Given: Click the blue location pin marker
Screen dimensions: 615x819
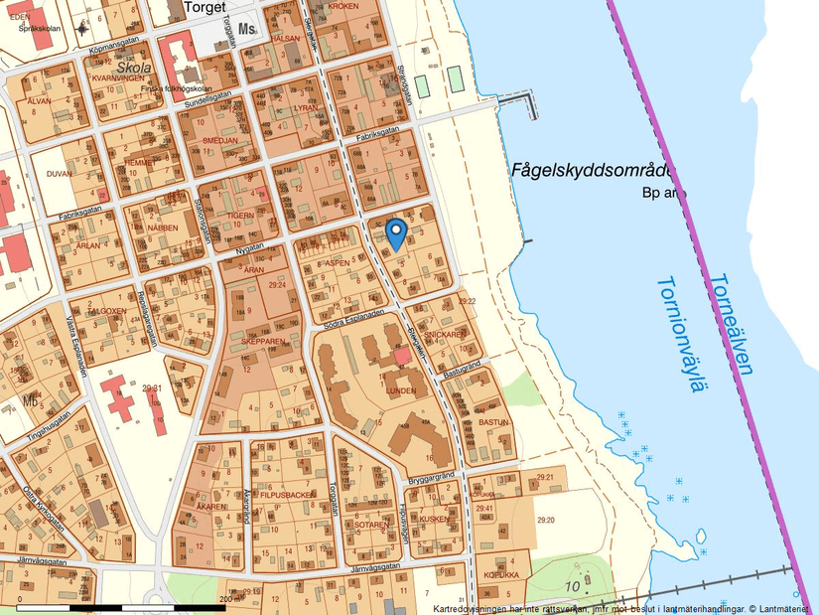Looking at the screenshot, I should [x=395, y=233].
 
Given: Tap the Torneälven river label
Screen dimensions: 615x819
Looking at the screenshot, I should [x=732, y=324].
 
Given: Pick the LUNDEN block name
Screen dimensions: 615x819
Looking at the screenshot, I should [x=400, y=391].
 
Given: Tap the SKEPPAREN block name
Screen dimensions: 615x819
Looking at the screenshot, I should [x=263, y=341].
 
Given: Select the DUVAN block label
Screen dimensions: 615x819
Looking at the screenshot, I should [x=60, y=172].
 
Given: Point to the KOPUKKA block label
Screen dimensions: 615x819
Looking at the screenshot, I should [x=501, y=575].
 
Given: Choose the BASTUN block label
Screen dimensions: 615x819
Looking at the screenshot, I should [x=493, y=422].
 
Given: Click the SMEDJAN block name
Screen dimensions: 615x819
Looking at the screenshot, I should [x=219, y=141].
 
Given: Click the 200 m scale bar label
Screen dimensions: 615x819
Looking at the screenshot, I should [x=226, y=599].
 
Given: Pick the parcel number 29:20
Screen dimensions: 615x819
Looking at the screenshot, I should [x=546, y=520].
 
